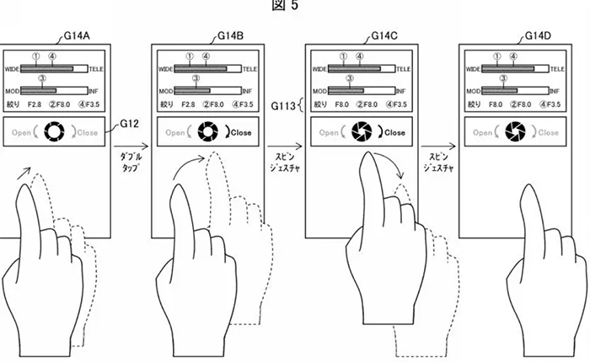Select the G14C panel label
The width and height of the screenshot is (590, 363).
(384, 36)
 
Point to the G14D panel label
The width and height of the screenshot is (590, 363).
(539, 36)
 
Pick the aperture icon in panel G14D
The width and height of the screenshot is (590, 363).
(516, 132)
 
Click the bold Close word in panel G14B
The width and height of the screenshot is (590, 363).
(240, 132)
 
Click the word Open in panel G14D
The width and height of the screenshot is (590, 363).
(483, 132)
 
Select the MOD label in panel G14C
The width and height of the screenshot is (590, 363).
(319, 89)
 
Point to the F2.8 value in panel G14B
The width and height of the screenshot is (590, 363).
(188, 104)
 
